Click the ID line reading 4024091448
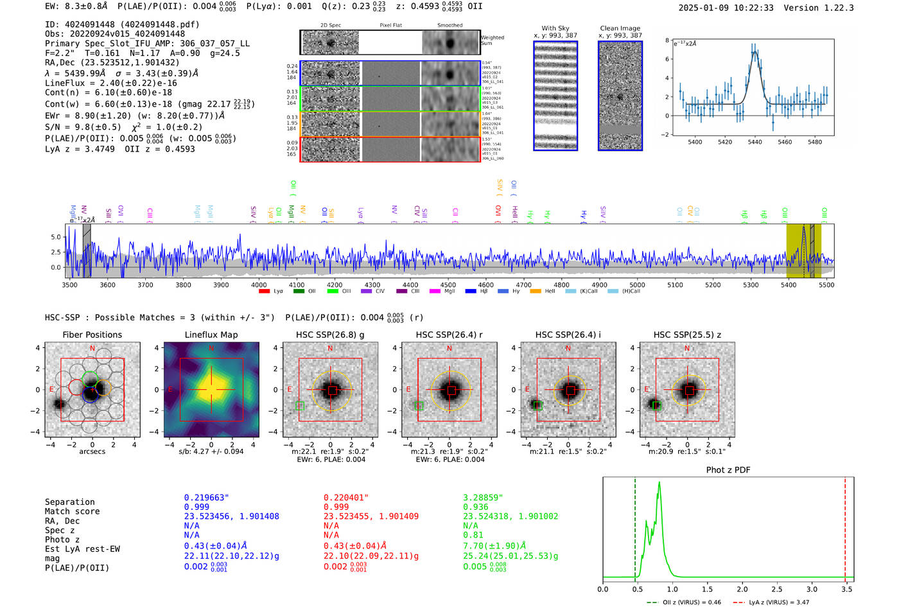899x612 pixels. coord(122,24)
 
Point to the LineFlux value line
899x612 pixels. coord(110,83)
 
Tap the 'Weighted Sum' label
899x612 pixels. coord(492,40)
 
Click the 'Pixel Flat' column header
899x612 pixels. coord(390,26)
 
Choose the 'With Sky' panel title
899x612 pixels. coord(555,28)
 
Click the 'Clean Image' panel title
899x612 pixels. coord(620,28)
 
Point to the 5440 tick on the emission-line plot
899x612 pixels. coord(755,142)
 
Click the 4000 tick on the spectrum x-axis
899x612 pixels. coord(259,285)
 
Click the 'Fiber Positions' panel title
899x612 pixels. coord(92,335)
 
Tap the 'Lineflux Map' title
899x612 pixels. coord(211,335)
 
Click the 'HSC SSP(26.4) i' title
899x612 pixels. coord(568,335)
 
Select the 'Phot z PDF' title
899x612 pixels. coord(728,470)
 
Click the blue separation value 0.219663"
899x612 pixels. coord(206,498)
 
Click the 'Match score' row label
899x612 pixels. coord(72,511)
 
